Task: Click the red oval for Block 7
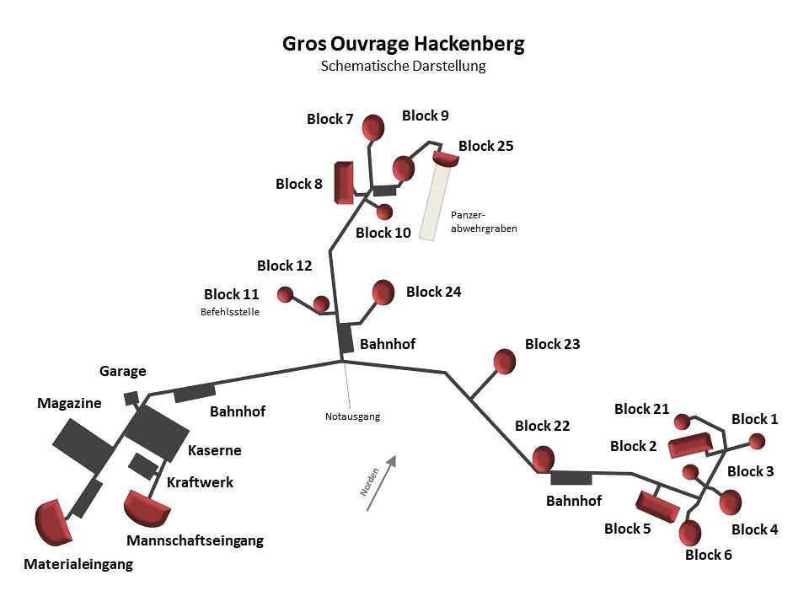tap(373, 128)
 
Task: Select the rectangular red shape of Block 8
tap(343, 183)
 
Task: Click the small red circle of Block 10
tap(385, 212)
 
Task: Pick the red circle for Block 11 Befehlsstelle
tap(285, 294)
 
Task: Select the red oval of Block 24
tap(383, 292)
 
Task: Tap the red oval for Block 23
tap(504, 361)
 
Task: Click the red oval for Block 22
tap(543, 459)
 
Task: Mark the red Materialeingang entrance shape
tap(53, 521)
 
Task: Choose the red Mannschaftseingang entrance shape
tap(146, 507)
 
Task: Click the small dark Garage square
tap(131, 398)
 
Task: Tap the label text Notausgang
tap(352, 416)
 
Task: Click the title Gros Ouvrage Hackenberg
tap(404, 45)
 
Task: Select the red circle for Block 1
tap(757, 441)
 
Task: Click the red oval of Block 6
tap(689, 533)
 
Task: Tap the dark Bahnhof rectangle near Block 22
tap(571, 478)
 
